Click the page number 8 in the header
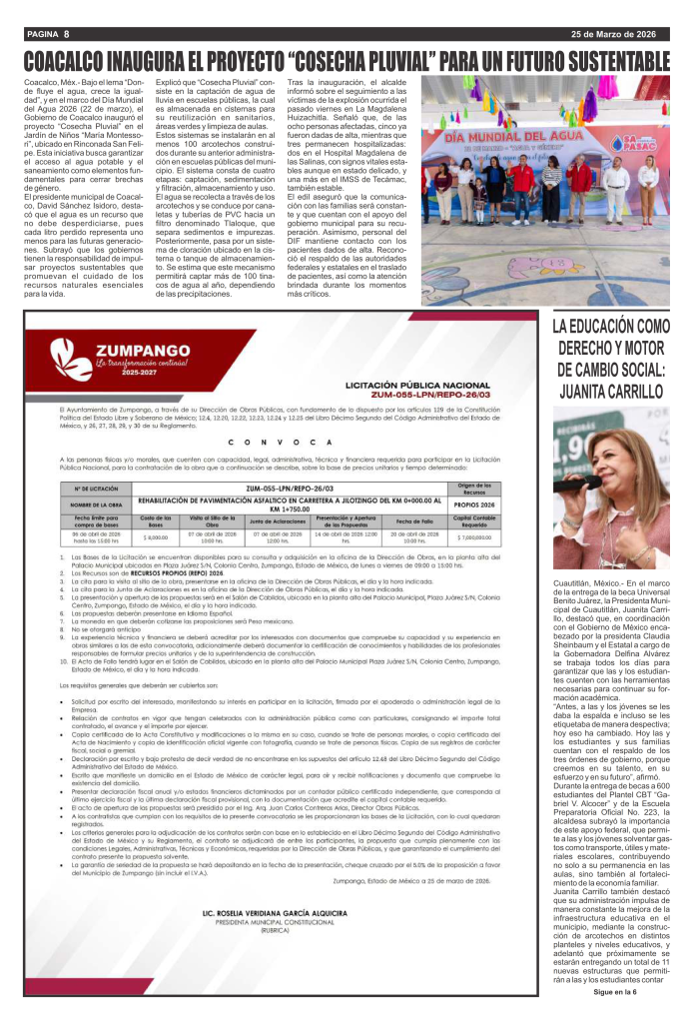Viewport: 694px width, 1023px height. pyautogui.click(x=66, y=35)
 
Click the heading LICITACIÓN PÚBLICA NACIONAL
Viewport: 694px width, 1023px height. pyautogui.click(x=422, y=384)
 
